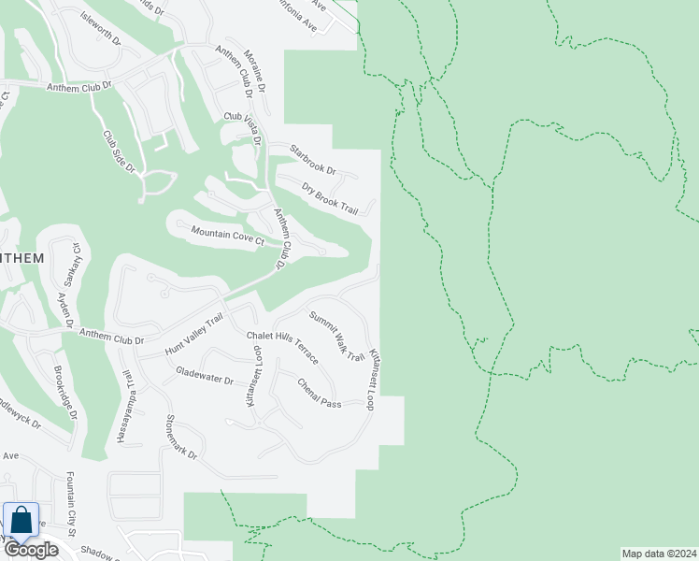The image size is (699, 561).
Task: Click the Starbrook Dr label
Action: [x=312, y=159]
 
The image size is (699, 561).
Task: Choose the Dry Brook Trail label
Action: [x=330, y=198]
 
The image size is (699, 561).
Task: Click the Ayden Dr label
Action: [x=64, y=309]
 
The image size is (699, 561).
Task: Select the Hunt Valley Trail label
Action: [x=193, y=334]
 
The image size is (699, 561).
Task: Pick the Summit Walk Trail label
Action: [x=336, y=336]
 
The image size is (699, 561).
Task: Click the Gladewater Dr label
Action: [x=204, y=376]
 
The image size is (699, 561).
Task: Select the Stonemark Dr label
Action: [x=181, y=438]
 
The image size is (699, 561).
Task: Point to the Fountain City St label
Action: [x=70, y=504]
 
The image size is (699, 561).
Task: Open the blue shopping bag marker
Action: [x=21, y=521]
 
